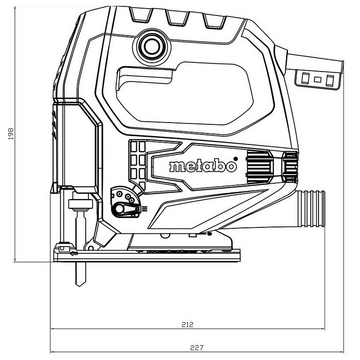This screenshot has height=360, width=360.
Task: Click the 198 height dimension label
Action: point(11,134)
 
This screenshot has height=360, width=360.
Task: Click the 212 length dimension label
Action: point(187,324)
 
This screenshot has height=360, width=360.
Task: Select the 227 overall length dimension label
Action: point(197,348)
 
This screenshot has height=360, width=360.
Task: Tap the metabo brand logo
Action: point(203,166)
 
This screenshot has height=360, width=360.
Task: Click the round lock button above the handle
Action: point(152,46)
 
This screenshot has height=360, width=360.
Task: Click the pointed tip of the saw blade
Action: point(79,286)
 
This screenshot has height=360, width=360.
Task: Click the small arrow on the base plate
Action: point(73,254)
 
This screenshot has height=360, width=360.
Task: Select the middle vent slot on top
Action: point(177,18)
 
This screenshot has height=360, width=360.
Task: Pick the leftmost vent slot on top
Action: point(141,15)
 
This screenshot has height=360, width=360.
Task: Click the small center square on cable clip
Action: point(318,79)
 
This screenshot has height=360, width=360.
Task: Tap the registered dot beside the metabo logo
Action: point(235,159)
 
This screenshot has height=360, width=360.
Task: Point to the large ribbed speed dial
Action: point(259,167)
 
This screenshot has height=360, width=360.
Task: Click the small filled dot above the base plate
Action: point(209,234)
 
